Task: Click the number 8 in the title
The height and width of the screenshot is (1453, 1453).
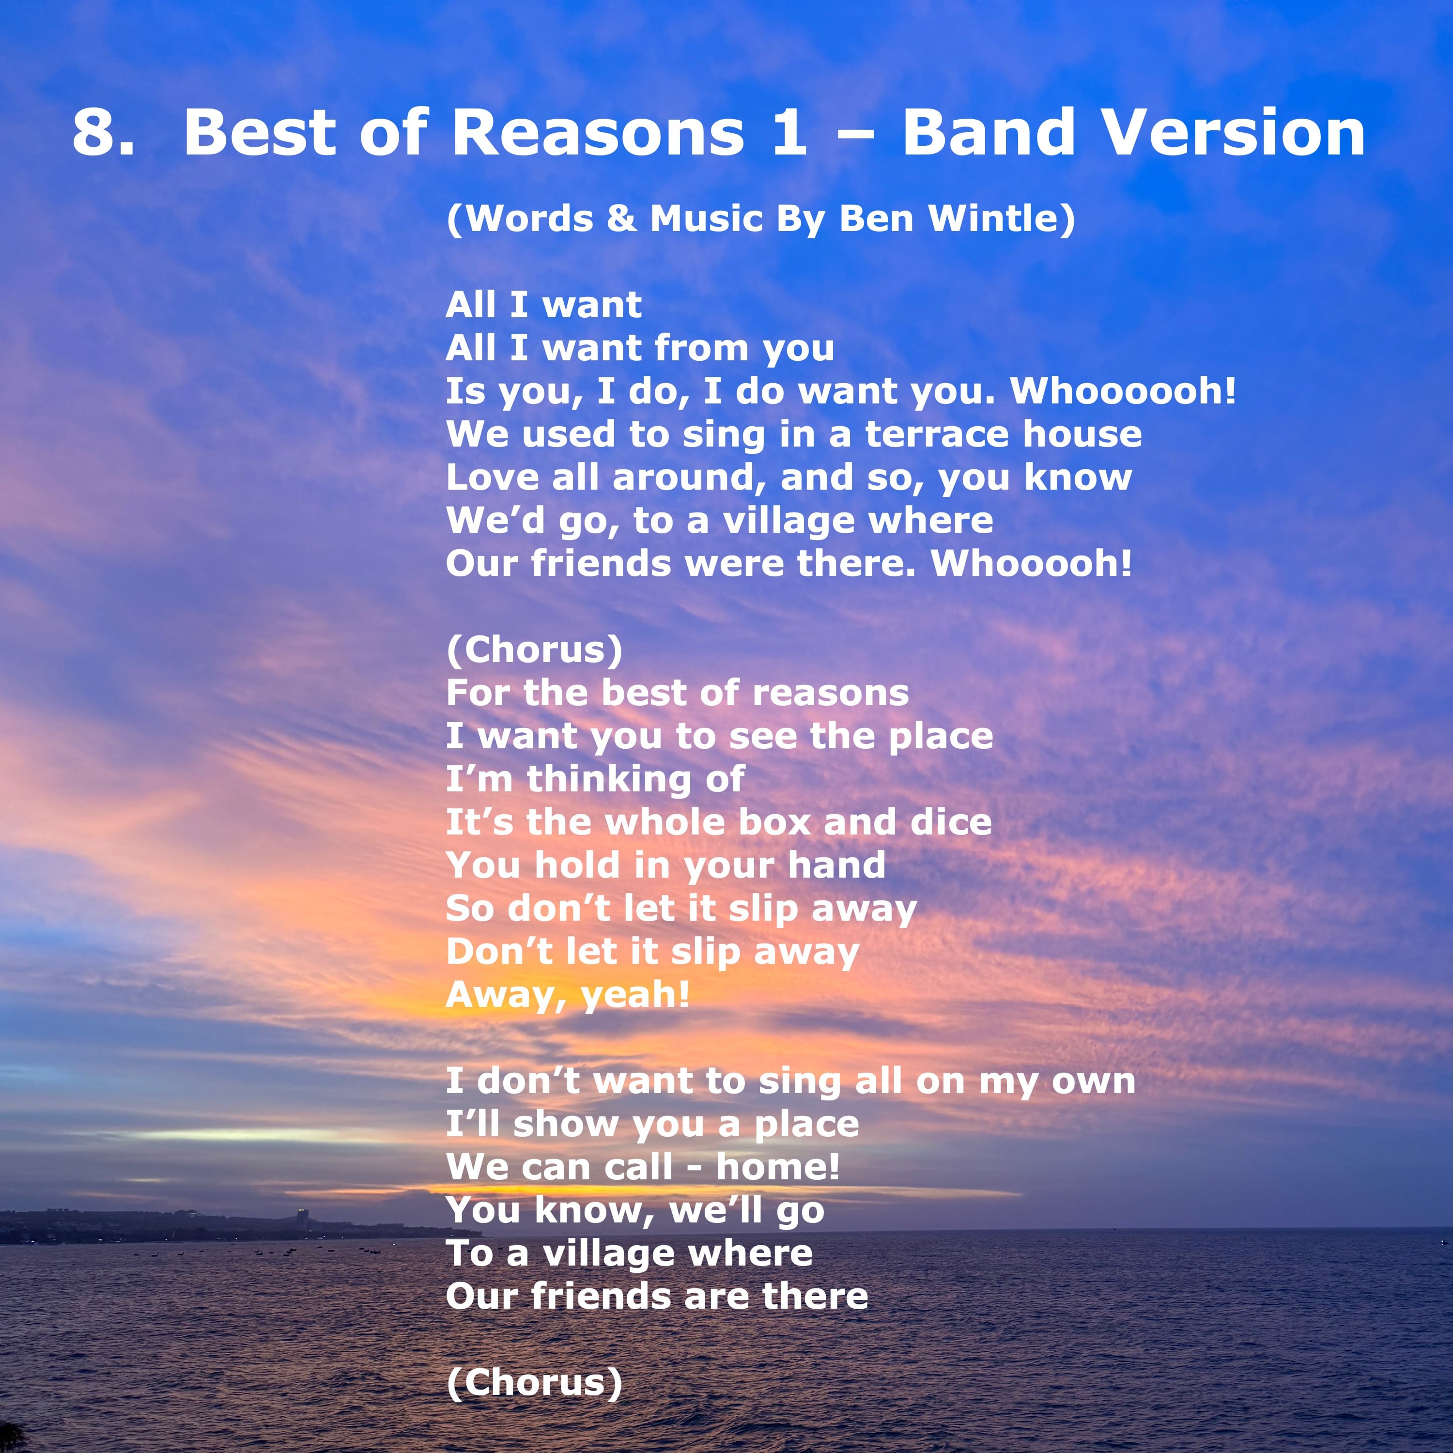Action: coord(95,132)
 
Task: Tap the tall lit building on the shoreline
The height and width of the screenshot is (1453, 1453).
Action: coord(302,1219)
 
